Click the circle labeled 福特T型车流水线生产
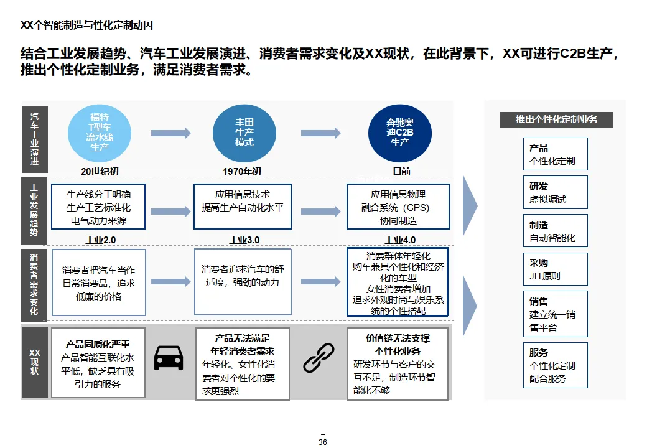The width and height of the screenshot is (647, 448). [100, 133]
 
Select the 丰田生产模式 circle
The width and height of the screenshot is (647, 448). [244, 133]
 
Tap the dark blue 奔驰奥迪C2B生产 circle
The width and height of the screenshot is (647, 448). [399, 133]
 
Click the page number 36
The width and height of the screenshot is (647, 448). [322, 442]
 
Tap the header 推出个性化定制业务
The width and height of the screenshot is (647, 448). [556, 119]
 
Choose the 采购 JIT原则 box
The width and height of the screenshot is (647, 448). [555, 269]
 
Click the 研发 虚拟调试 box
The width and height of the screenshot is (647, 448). [555, 192]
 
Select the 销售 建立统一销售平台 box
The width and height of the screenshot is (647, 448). [555, 314]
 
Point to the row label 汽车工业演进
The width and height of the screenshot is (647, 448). [34, 139]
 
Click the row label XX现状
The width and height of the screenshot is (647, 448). [34, 362]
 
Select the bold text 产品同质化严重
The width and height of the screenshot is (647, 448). [98, 344]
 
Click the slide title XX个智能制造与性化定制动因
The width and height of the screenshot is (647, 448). [87, 26]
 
